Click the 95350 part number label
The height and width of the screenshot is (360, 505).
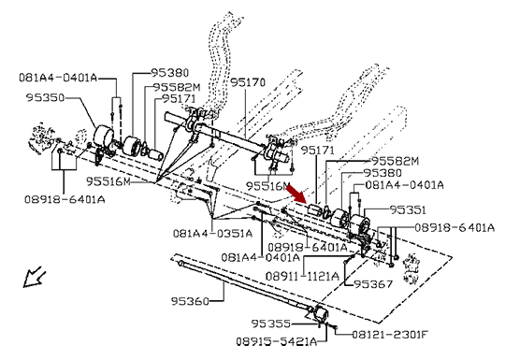(x=46, y=97)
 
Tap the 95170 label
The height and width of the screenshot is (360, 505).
(x=248, y=83)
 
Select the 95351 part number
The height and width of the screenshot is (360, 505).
(x=408, y=210)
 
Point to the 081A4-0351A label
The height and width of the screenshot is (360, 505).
(x=212, y=233)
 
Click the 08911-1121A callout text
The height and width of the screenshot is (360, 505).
(x=302, y=276)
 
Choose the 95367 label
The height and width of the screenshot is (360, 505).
(x=373, y=284)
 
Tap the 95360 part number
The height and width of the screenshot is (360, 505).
(x=190, y=301)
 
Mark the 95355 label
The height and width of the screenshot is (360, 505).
(x=271, y=324)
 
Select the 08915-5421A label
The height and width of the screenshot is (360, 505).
(x=276, y=341)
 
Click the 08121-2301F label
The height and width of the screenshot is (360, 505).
(x=389, y=335)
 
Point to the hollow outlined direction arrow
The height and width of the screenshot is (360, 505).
(x=33, y=277)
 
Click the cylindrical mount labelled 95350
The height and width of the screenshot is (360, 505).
(x=104, y=137)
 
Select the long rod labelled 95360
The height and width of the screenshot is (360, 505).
(x=245, y=286)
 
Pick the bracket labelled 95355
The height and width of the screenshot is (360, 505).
(x=320, y=315)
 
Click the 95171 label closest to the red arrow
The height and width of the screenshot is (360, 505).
(x=318, y=151)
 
